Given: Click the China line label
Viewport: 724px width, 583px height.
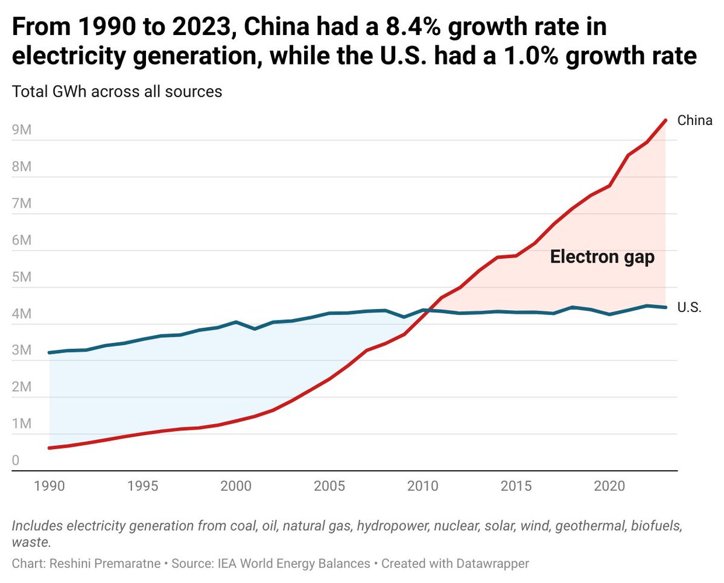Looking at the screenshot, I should pos(694,121).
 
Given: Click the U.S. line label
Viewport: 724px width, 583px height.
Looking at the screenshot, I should pos(689,308).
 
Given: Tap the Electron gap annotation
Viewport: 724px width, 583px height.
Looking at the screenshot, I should pos(602,258).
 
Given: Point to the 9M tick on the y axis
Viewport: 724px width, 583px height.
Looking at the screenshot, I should pos(22,130).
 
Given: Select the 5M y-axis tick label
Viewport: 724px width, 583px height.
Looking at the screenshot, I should pos(22,278).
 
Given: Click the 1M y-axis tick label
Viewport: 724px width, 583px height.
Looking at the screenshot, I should pos(22,425).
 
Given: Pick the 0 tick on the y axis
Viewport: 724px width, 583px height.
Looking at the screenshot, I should pos(16,461).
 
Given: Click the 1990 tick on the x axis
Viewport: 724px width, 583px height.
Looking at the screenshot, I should pos(49,486).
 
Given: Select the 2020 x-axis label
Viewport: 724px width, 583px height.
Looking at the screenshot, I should pos(609,486).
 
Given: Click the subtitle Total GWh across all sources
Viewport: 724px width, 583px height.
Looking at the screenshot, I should pos(117,92).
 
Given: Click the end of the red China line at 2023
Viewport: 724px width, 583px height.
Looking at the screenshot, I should pos(665,120).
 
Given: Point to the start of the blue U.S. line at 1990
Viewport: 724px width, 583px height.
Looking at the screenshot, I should pos(49,352).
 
